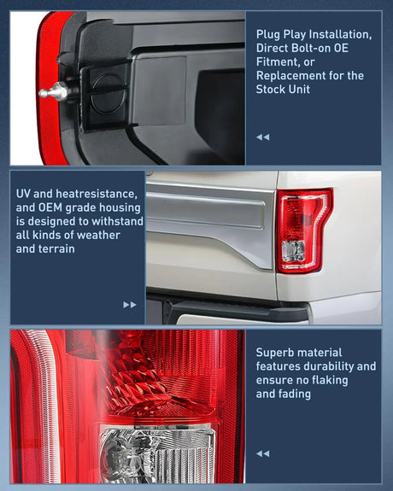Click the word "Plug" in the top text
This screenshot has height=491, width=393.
pos(268,34)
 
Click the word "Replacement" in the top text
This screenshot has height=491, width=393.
pos(293,75)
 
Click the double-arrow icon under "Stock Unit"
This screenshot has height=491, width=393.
pos(262,137)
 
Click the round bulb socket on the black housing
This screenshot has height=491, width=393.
pos(107,89)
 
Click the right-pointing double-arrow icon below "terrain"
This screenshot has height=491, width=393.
pos(130,304)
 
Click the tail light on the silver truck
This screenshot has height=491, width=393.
pos(303,230)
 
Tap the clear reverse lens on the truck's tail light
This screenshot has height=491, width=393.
pos(293,249)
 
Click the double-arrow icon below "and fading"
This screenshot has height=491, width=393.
pos(262,453)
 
